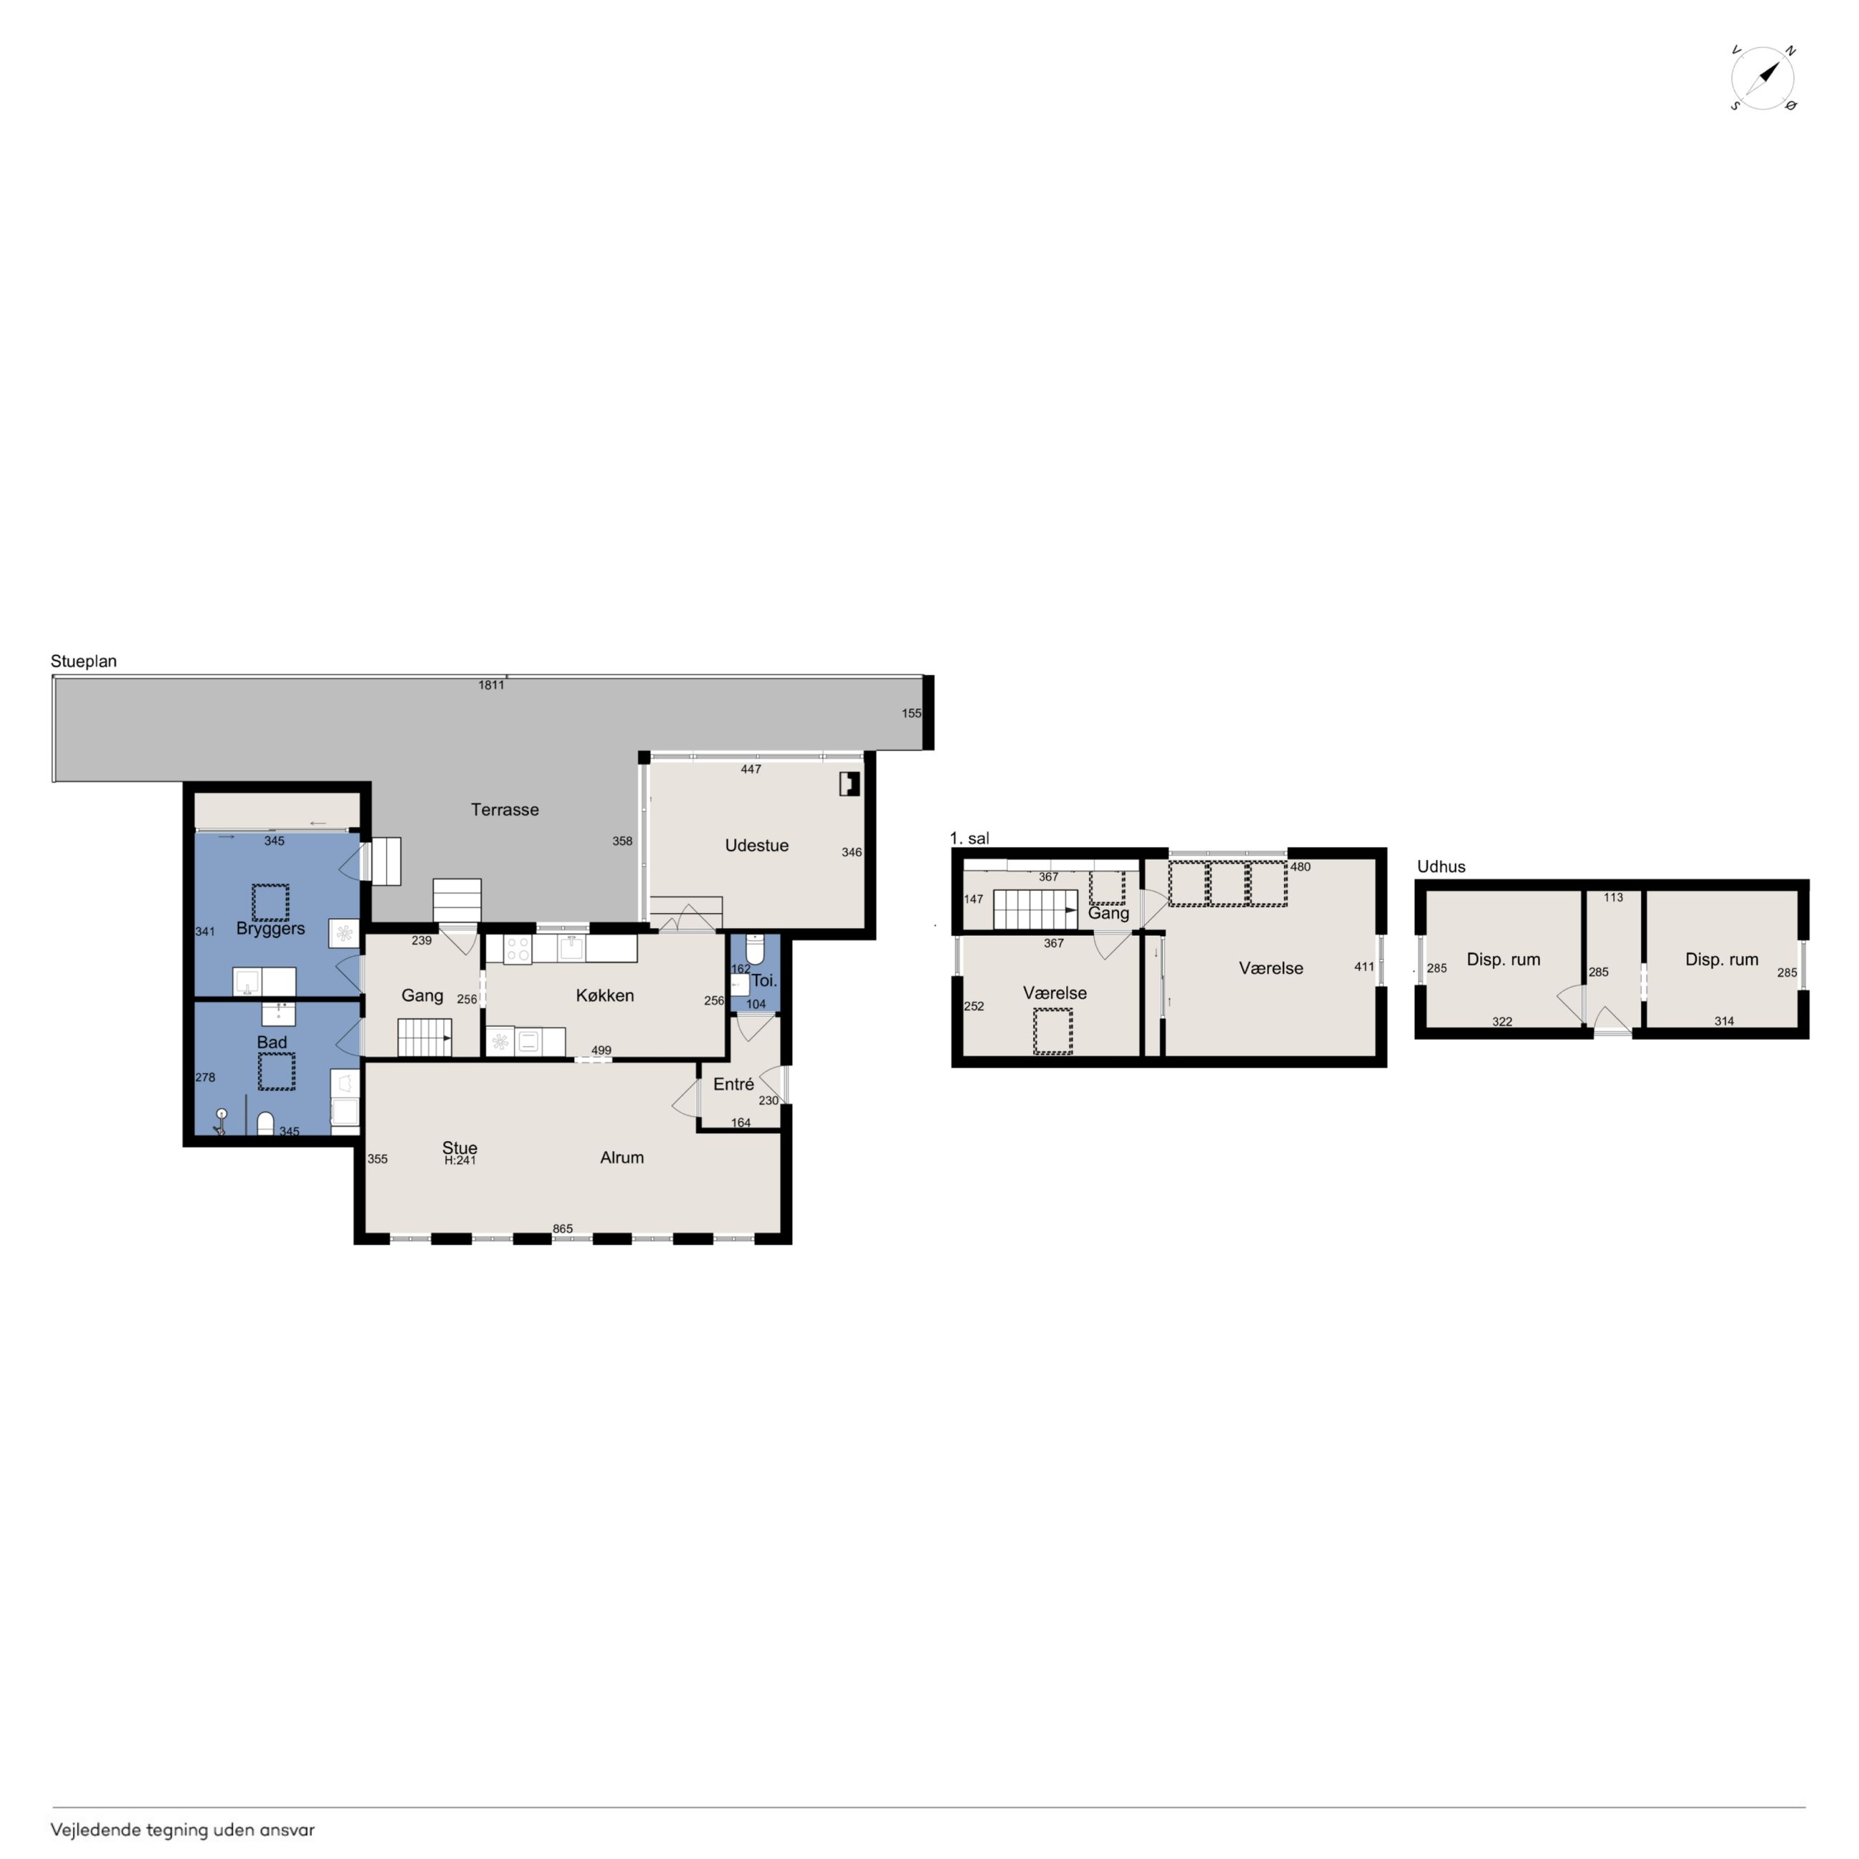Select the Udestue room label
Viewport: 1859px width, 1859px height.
coord(756,846)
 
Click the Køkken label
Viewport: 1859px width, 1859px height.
coord(604,996)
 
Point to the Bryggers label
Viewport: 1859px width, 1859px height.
coord(270,929)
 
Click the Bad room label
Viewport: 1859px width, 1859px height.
coord(272,1042)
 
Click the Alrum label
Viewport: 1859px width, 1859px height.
coord(621,1158)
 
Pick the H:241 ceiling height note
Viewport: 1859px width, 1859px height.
coord(460,1160)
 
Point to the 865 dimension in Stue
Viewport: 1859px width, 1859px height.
coord(562,1229)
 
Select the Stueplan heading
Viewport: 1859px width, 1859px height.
coord(84,661)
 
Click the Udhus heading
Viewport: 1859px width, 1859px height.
coord(1441,867)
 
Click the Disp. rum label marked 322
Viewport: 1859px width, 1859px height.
coord(1503,960)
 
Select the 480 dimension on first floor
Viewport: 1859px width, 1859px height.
coord(1300,867)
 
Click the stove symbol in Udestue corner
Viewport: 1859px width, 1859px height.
coord(849,784)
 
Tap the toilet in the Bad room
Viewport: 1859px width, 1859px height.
coord(265,1123)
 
